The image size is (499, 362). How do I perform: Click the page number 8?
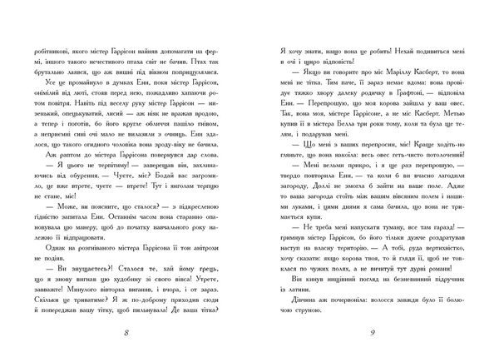pyautogui.click(x=126, y=335)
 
